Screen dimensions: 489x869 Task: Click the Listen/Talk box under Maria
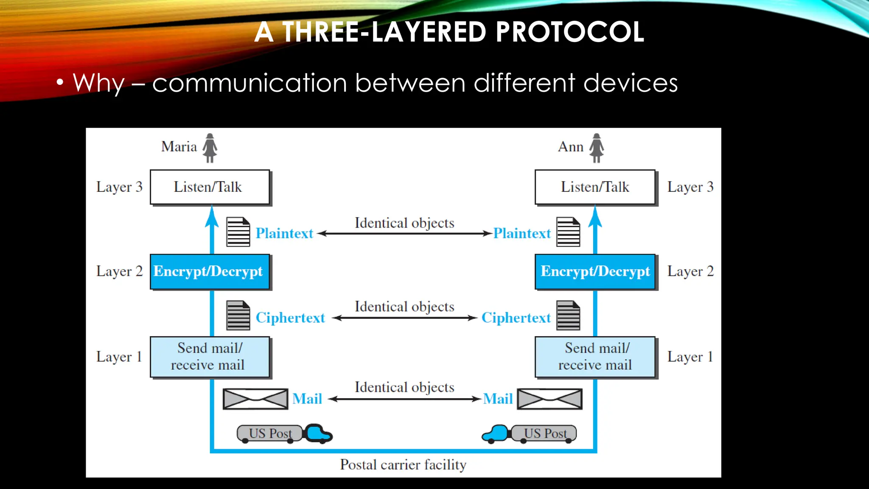coord(210,187)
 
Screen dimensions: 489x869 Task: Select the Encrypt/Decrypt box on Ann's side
coord(595,272)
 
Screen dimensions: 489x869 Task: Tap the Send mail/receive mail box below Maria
coord(210,357)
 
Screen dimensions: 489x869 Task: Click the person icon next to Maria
coord(210,148)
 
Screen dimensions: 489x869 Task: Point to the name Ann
coord(571,147)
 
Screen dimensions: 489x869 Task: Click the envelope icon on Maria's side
coord(255,399)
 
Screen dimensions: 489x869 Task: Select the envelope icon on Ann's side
coord(549,399)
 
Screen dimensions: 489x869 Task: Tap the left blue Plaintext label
coord(284,233)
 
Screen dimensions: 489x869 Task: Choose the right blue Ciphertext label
coord(516,318)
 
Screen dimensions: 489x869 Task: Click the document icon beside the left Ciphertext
coord(238,315)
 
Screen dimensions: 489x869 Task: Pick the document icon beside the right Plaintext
coord(568,232)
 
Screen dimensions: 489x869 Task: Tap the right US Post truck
coord(530,434)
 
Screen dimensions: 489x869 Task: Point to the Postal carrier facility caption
coord(403,465)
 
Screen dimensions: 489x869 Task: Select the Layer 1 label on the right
coord(690,357)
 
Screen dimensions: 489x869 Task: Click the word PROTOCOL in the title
coord(569,32)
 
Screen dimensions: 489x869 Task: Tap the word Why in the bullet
coord(98,83)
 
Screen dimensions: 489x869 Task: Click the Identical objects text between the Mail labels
coord(404,388)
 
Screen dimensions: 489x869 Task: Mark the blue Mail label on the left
coord(307,399)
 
